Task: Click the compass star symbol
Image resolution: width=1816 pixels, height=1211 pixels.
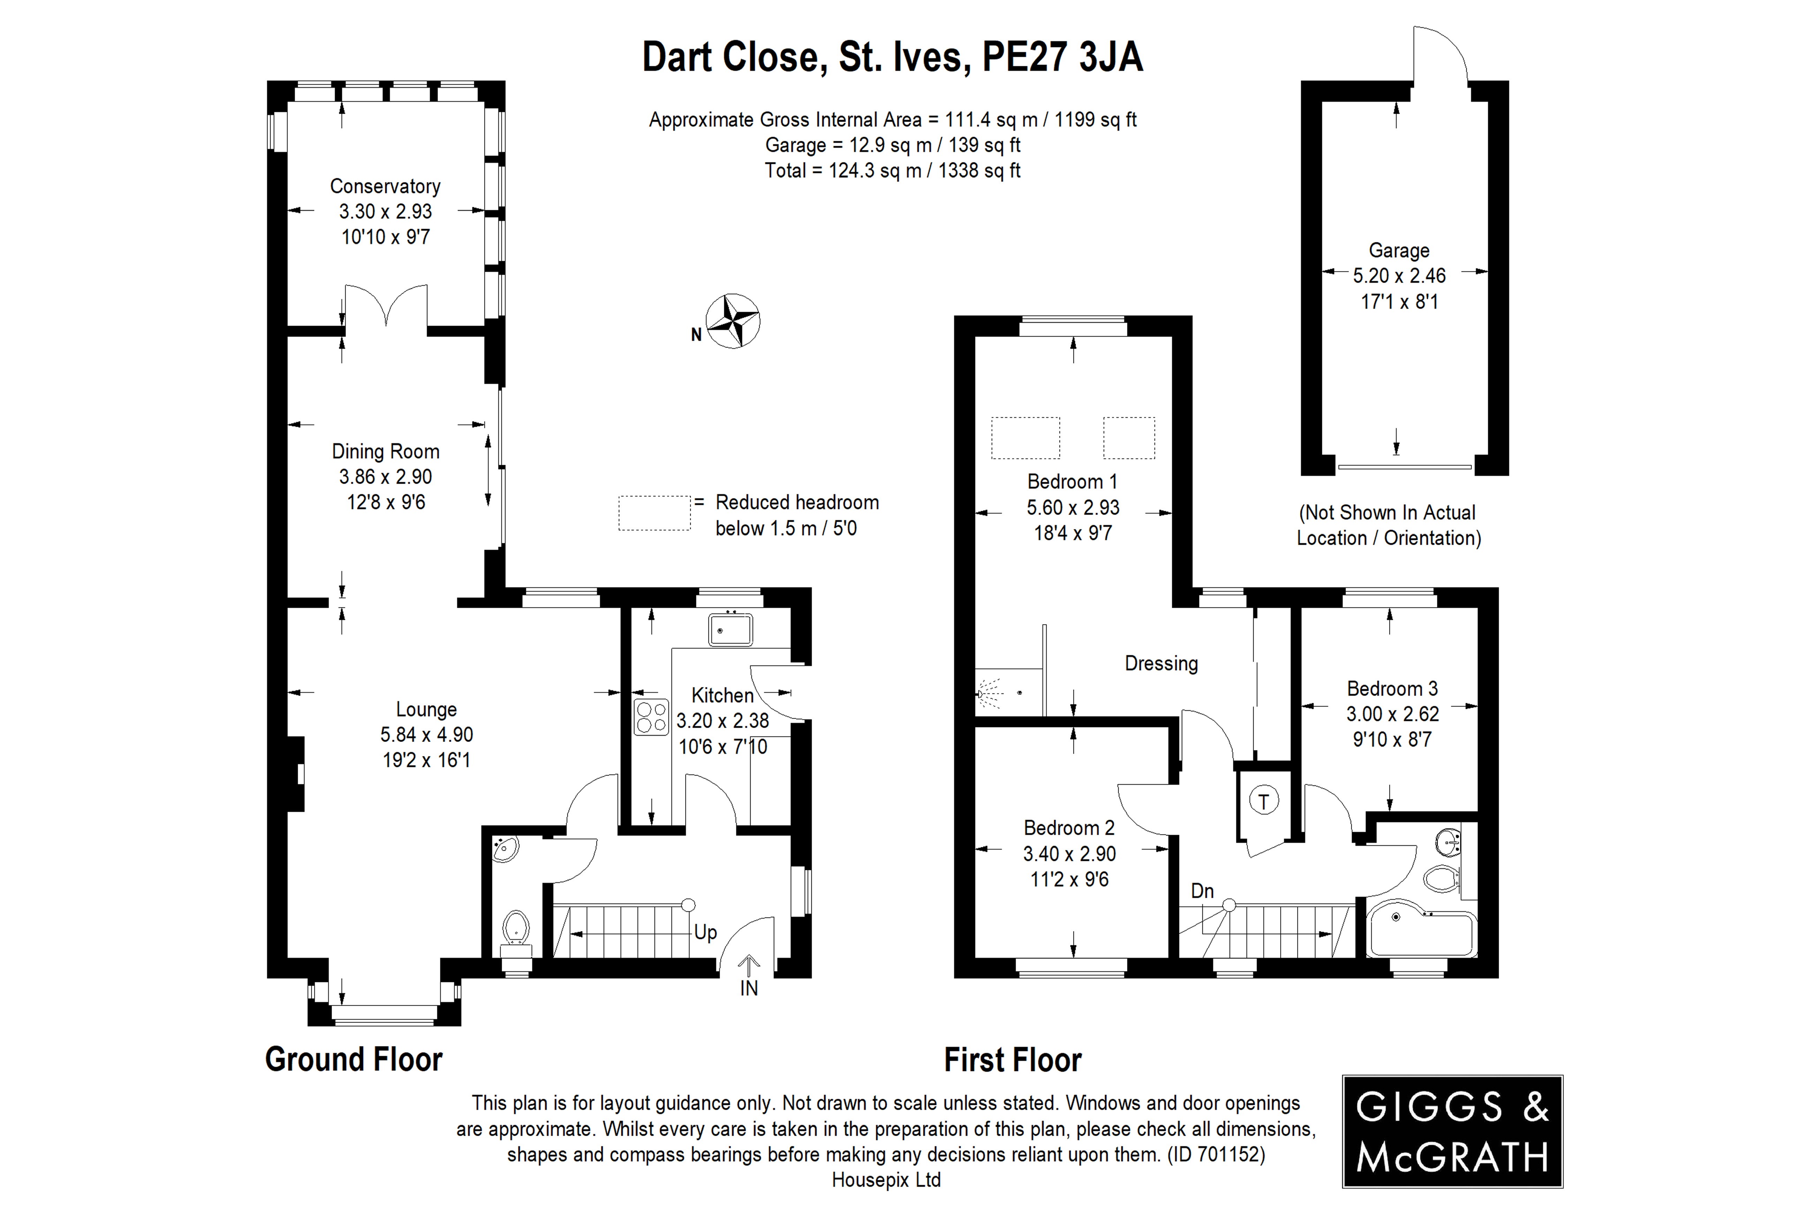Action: (733, 320)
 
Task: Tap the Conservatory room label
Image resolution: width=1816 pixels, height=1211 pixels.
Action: (385, 186)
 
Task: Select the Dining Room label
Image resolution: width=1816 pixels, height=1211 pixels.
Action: (385, 451)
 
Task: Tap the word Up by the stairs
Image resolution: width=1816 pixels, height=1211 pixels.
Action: (705, 932)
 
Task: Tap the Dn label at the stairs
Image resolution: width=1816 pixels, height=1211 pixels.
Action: (1202, 891)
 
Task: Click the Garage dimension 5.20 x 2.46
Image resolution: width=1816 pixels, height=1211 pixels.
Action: (1399, 276)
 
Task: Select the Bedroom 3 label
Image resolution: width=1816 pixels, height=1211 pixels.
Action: (1392, 688)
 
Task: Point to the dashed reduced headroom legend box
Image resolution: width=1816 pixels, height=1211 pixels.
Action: (654, 513)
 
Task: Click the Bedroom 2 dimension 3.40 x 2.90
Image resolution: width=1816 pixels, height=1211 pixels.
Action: (1069, 853)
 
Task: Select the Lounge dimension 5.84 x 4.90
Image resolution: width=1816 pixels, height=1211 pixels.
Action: (426, 734)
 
